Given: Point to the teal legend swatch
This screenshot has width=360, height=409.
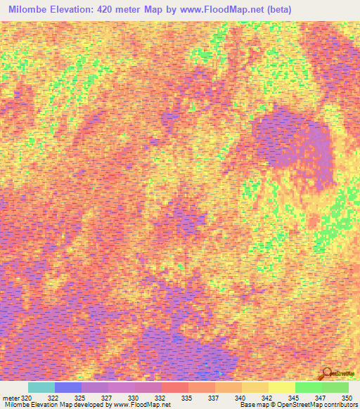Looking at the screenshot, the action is (x=41, y=387).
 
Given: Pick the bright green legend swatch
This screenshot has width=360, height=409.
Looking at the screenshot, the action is (x=308, y=387).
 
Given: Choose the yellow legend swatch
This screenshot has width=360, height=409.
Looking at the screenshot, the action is (x=281, y=387).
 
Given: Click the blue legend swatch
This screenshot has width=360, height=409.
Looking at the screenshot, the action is (x=68, y=387).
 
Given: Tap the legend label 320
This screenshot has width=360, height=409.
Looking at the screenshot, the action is (x=26, y=397).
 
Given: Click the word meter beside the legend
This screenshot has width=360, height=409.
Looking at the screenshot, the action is (x=9, y=397).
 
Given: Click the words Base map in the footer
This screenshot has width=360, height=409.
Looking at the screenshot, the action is (x=251, y=405).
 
